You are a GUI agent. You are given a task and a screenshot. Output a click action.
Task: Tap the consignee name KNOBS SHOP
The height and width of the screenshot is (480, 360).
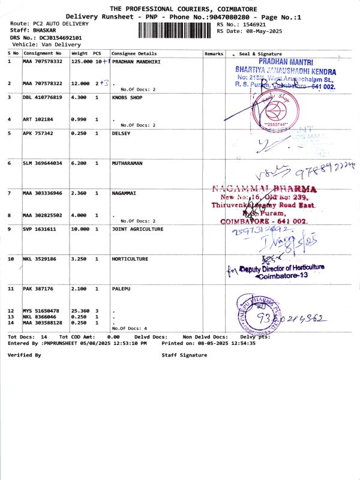tap(127, 97)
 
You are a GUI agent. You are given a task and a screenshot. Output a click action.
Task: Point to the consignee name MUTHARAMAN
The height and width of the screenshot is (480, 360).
tap(130, 163)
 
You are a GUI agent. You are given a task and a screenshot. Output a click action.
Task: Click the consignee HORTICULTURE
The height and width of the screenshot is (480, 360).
tap(130, 259)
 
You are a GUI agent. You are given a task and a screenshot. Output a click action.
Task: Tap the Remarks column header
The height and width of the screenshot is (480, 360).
tap(214, 54)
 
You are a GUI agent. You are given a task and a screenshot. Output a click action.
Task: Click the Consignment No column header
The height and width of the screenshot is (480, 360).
tap(42, 54)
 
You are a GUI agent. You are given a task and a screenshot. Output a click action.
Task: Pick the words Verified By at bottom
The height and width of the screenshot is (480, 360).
tap(24, 355)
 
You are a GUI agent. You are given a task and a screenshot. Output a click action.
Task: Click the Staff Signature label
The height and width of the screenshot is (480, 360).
tap(184, 355)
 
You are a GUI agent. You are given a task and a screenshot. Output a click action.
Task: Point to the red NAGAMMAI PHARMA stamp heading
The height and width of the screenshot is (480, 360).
tap(265, 190)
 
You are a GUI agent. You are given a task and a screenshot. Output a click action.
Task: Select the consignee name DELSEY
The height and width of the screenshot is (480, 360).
tap(121, 133)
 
